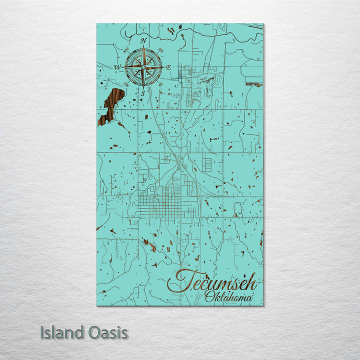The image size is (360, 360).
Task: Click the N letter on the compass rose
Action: pyautogui.click(x=143, y=40)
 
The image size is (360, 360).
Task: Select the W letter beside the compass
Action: pyautogui.click(x=117, y=66)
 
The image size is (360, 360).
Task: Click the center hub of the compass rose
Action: pyautogui.click(x=143, y=66)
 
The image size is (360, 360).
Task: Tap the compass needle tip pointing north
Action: pyautogui.click(x=143, y=47)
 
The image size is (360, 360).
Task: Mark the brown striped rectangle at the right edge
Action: pyautogui.click(x=254, y=85)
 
